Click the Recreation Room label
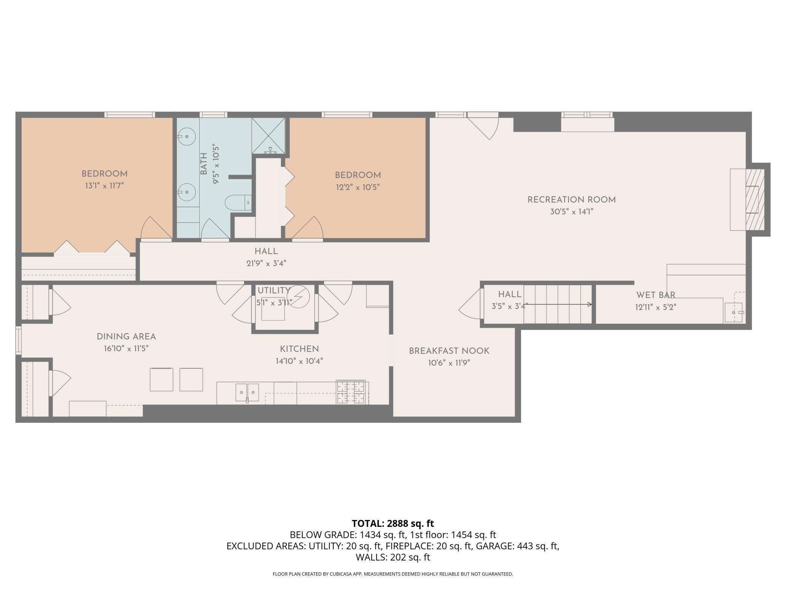coord(571,200)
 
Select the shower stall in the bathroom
coord(268,136)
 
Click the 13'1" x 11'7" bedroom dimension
coord(104,186)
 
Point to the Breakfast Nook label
coord(449,351)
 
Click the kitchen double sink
coord(248,393)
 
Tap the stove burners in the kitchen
coord(351,392)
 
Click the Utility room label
coord(274,290)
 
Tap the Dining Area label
coord(126,337)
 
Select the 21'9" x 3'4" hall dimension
coord(266,263)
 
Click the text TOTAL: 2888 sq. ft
coord(393,523)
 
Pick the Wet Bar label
coord(656,295)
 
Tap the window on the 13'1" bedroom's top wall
coord(130,115)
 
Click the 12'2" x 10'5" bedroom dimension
coord(357,187)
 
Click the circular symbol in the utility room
coord(298,297)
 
